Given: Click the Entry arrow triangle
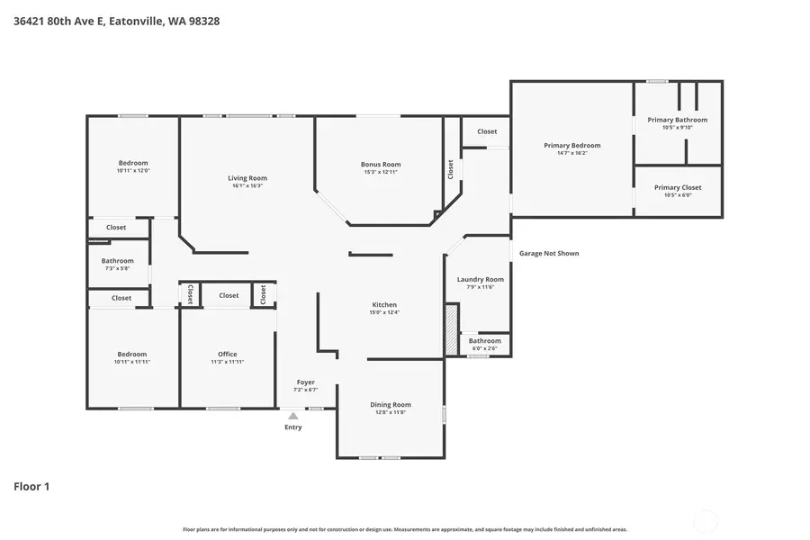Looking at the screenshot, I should click(292, 416).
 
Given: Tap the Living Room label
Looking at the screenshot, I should click(247, 178).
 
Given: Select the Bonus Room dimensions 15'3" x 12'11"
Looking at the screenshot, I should click(381, 172).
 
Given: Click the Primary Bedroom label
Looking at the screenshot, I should click(571, 145).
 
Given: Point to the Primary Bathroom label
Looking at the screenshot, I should click(677, 120).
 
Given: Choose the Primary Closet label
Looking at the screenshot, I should click(677, 187).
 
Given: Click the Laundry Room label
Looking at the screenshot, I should click(480, 279).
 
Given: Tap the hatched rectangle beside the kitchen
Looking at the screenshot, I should click(452, 329).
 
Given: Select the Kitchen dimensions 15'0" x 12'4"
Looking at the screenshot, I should click(383, 312).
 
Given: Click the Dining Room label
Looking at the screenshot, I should click(390, 404).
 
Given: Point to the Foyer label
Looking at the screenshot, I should click(305, 382).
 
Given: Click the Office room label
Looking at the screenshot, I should click(227, 354).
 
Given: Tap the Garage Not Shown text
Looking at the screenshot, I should click(549, 254).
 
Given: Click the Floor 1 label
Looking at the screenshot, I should click(31, 487).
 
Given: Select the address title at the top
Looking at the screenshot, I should click(116, 21).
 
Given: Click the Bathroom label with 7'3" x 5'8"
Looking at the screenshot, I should click(117, 261).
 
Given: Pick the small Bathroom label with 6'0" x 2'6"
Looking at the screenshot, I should click(484, 341).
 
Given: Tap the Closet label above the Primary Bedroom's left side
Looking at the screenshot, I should click(487, 131).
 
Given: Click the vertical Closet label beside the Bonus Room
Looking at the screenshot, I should click(451, 169).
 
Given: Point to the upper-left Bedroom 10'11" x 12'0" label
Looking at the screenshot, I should click(132, 163).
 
